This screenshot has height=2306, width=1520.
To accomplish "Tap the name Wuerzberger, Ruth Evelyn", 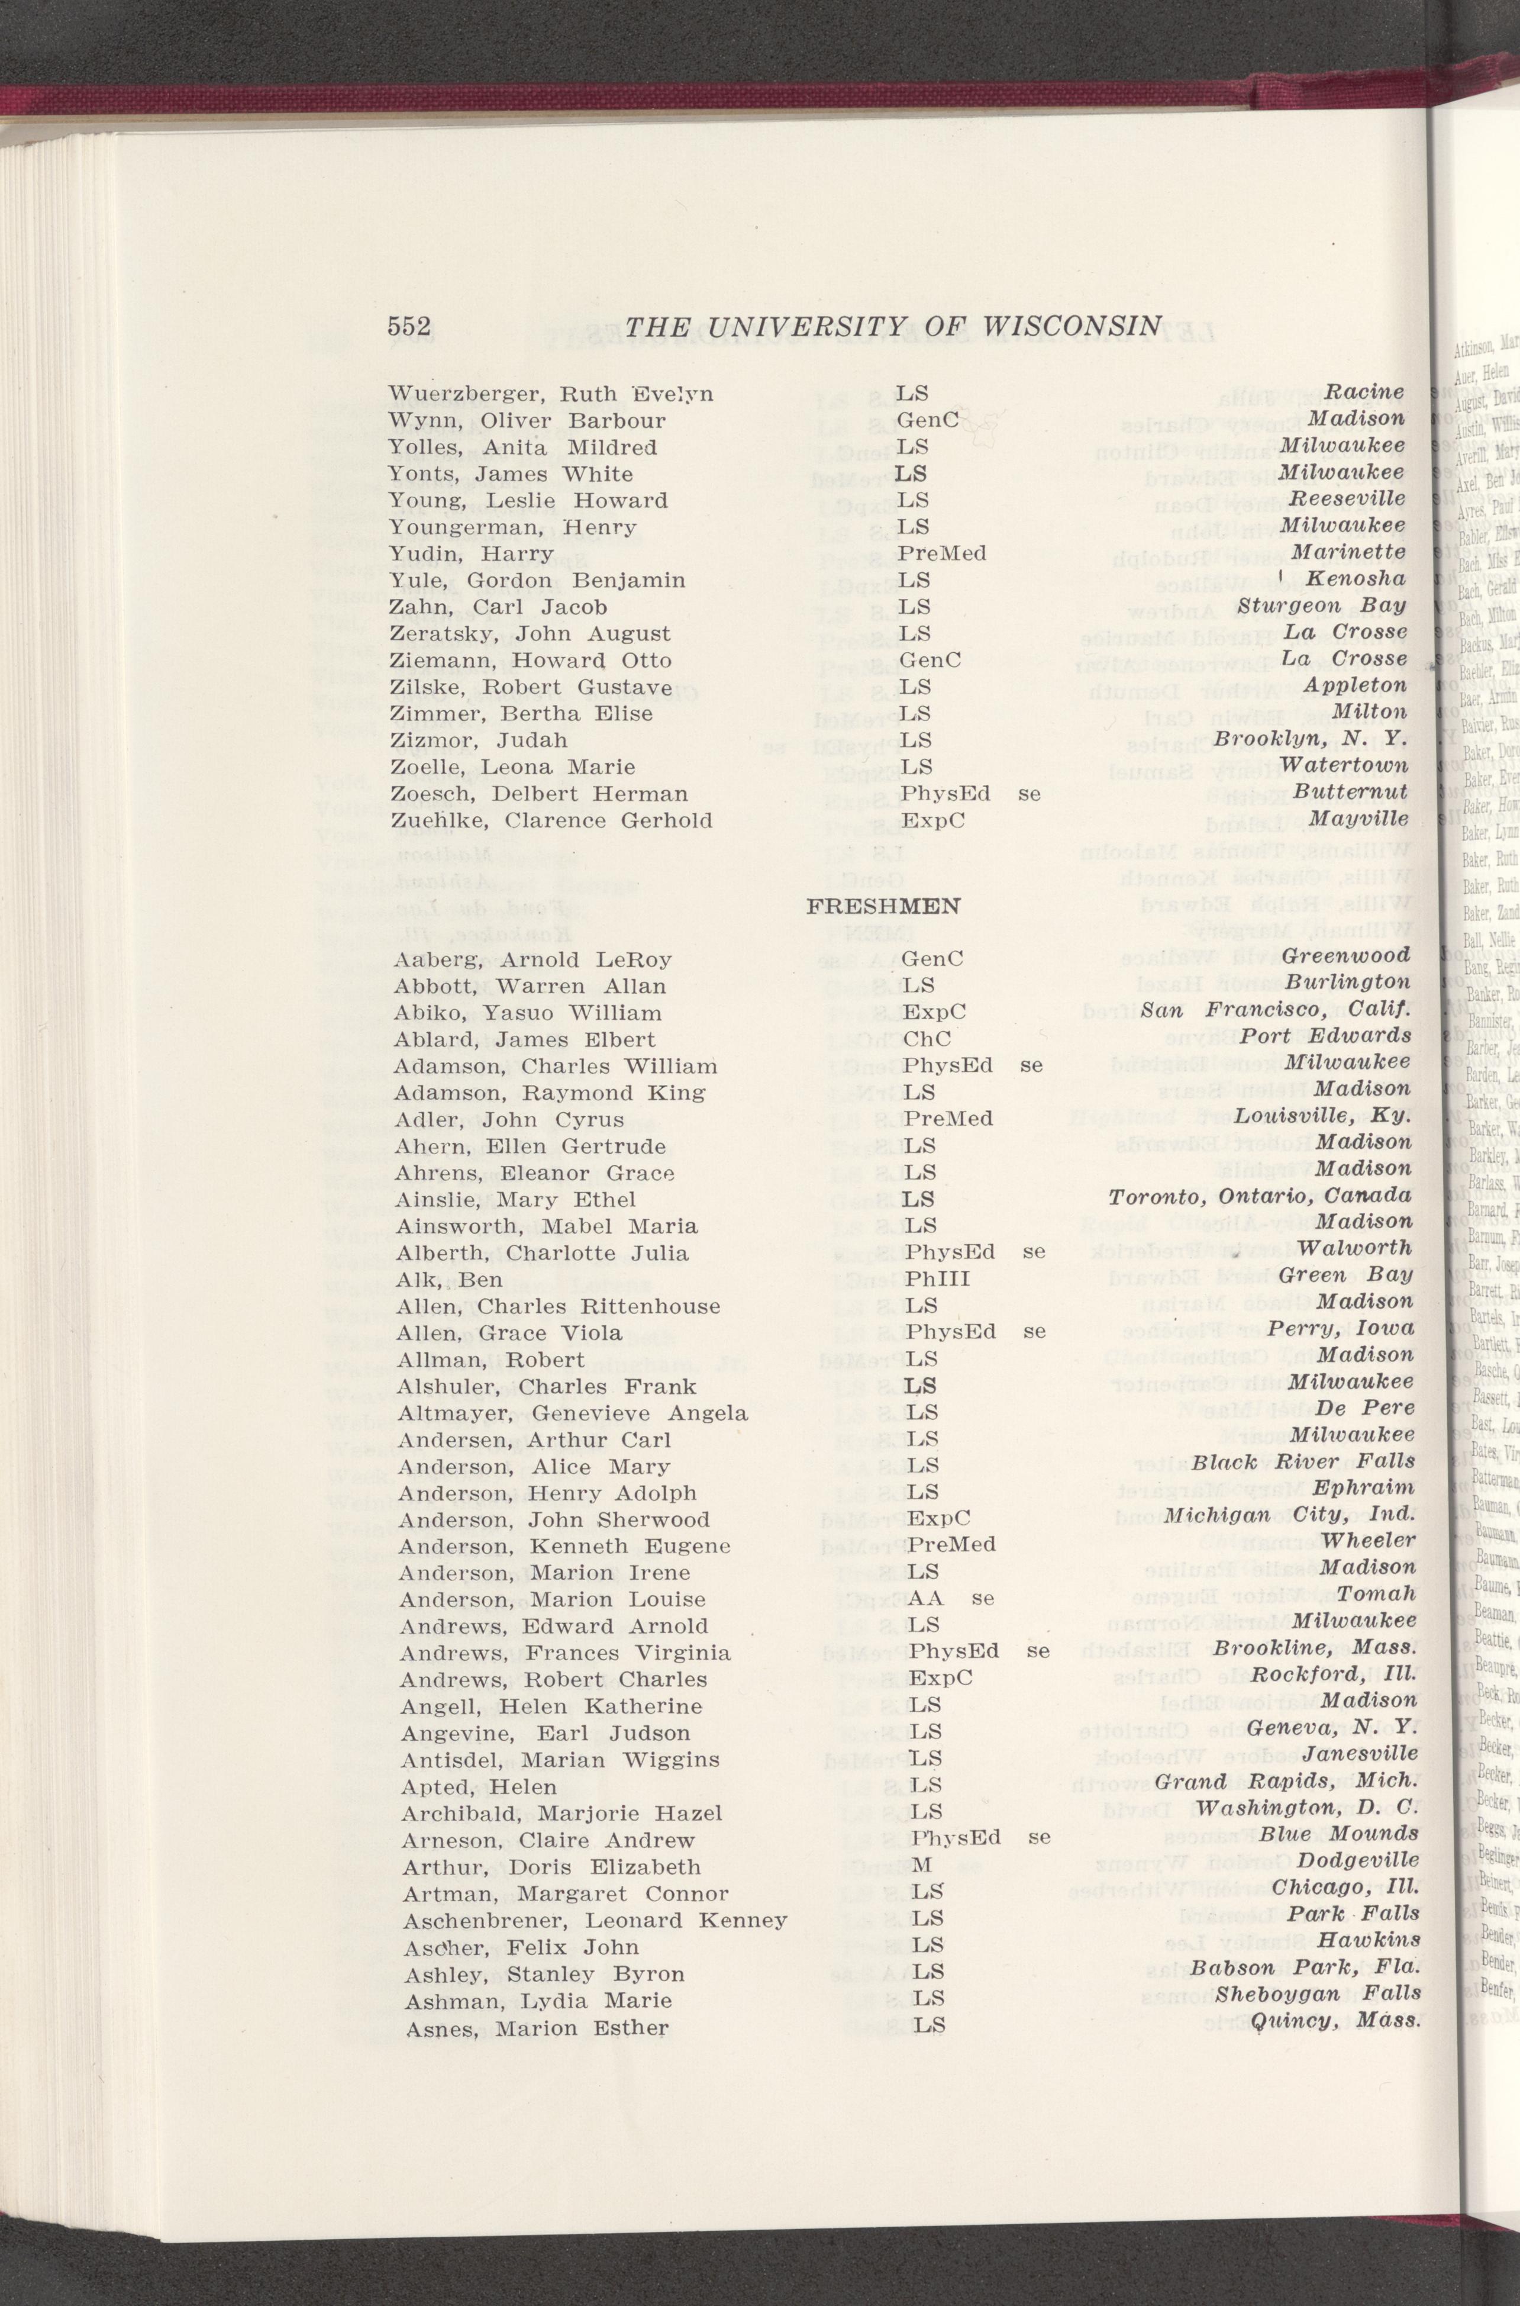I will pos(551,394).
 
